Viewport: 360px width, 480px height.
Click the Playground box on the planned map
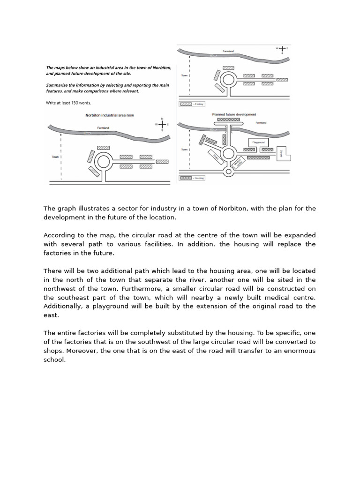coord(258,142)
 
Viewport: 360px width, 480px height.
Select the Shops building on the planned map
coord(216,156)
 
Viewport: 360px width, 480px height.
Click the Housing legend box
coord(186,178)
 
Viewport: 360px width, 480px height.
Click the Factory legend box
coord(186,104)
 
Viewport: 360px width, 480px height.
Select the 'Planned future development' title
coord(234,114)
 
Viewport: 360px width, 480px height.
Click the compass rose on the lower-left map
coord(162,125)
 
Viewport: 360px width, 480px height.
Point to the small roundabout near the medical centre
coord(229,172)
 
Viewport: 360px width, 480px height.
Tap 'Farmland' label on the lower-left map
coord(103,127)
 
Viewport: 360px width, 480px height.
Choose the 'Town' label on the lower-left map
coord(55,157)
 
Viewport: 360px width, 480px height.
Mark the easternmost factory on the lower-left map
coord(162,162)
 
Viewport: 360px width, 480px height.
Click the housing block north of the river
coord(228,120)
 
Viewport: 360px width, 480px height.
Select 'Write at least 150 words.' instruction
coord(68,103)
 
